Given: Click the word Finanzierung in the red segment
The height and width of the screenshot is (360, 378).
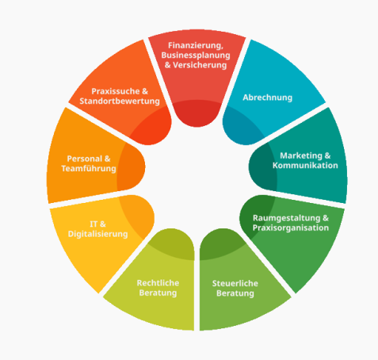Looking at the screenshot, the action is pos(196,46).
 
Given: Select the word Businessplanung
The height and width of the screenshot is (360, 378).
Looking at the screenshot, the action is pos(196,56).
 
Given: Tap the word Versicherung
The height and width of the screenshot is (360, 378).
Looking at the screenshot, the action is pos(200,65).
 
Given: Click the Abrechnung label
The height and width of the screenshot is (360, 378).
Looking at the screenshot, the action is pos(268,98).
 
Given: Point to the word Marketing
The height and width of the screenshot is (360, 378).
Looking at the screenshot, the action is pos(301,155).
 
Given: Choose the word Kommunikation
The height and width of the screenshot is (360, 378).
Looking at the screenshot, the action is pos(305,166).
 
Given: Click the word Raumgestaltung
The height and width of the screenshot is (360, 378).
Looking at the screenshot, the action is pos(287,218).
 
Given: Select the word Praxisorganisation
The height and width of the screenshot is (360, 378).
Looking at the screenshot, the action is pos(291,228).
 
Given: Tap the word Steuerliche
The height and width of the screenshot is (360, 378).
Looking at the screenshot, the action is pos(235,283).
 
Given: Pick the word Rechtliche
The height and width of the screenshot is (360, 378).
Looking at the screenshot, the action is pos(158,283).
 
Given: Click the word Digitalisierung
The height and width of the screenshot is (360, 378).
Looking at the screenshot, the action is pos(98,234).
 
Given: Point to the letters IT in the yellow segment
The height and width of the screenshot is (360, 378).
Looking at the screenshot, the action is pos(94,224).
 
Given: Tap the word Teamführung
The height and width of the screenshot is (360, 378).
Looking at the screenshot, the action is pos(89,169).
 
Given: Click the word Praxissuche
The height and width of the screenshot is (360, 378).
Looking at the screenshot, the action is pos(116,91).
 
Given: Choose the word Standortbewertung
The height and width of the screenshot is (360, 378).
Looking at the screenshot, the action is pos(120,101).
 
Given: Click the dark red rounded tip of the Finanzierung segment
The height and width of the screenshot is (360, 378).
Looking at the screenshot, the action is pos(197,113).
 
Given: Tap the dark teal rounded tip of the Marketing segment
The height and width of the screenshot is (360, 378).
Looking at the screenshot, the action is pos(262,167).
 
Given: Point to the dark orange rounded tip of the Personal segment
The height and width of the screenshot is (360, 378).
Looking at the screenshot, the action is pos(132,167).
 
